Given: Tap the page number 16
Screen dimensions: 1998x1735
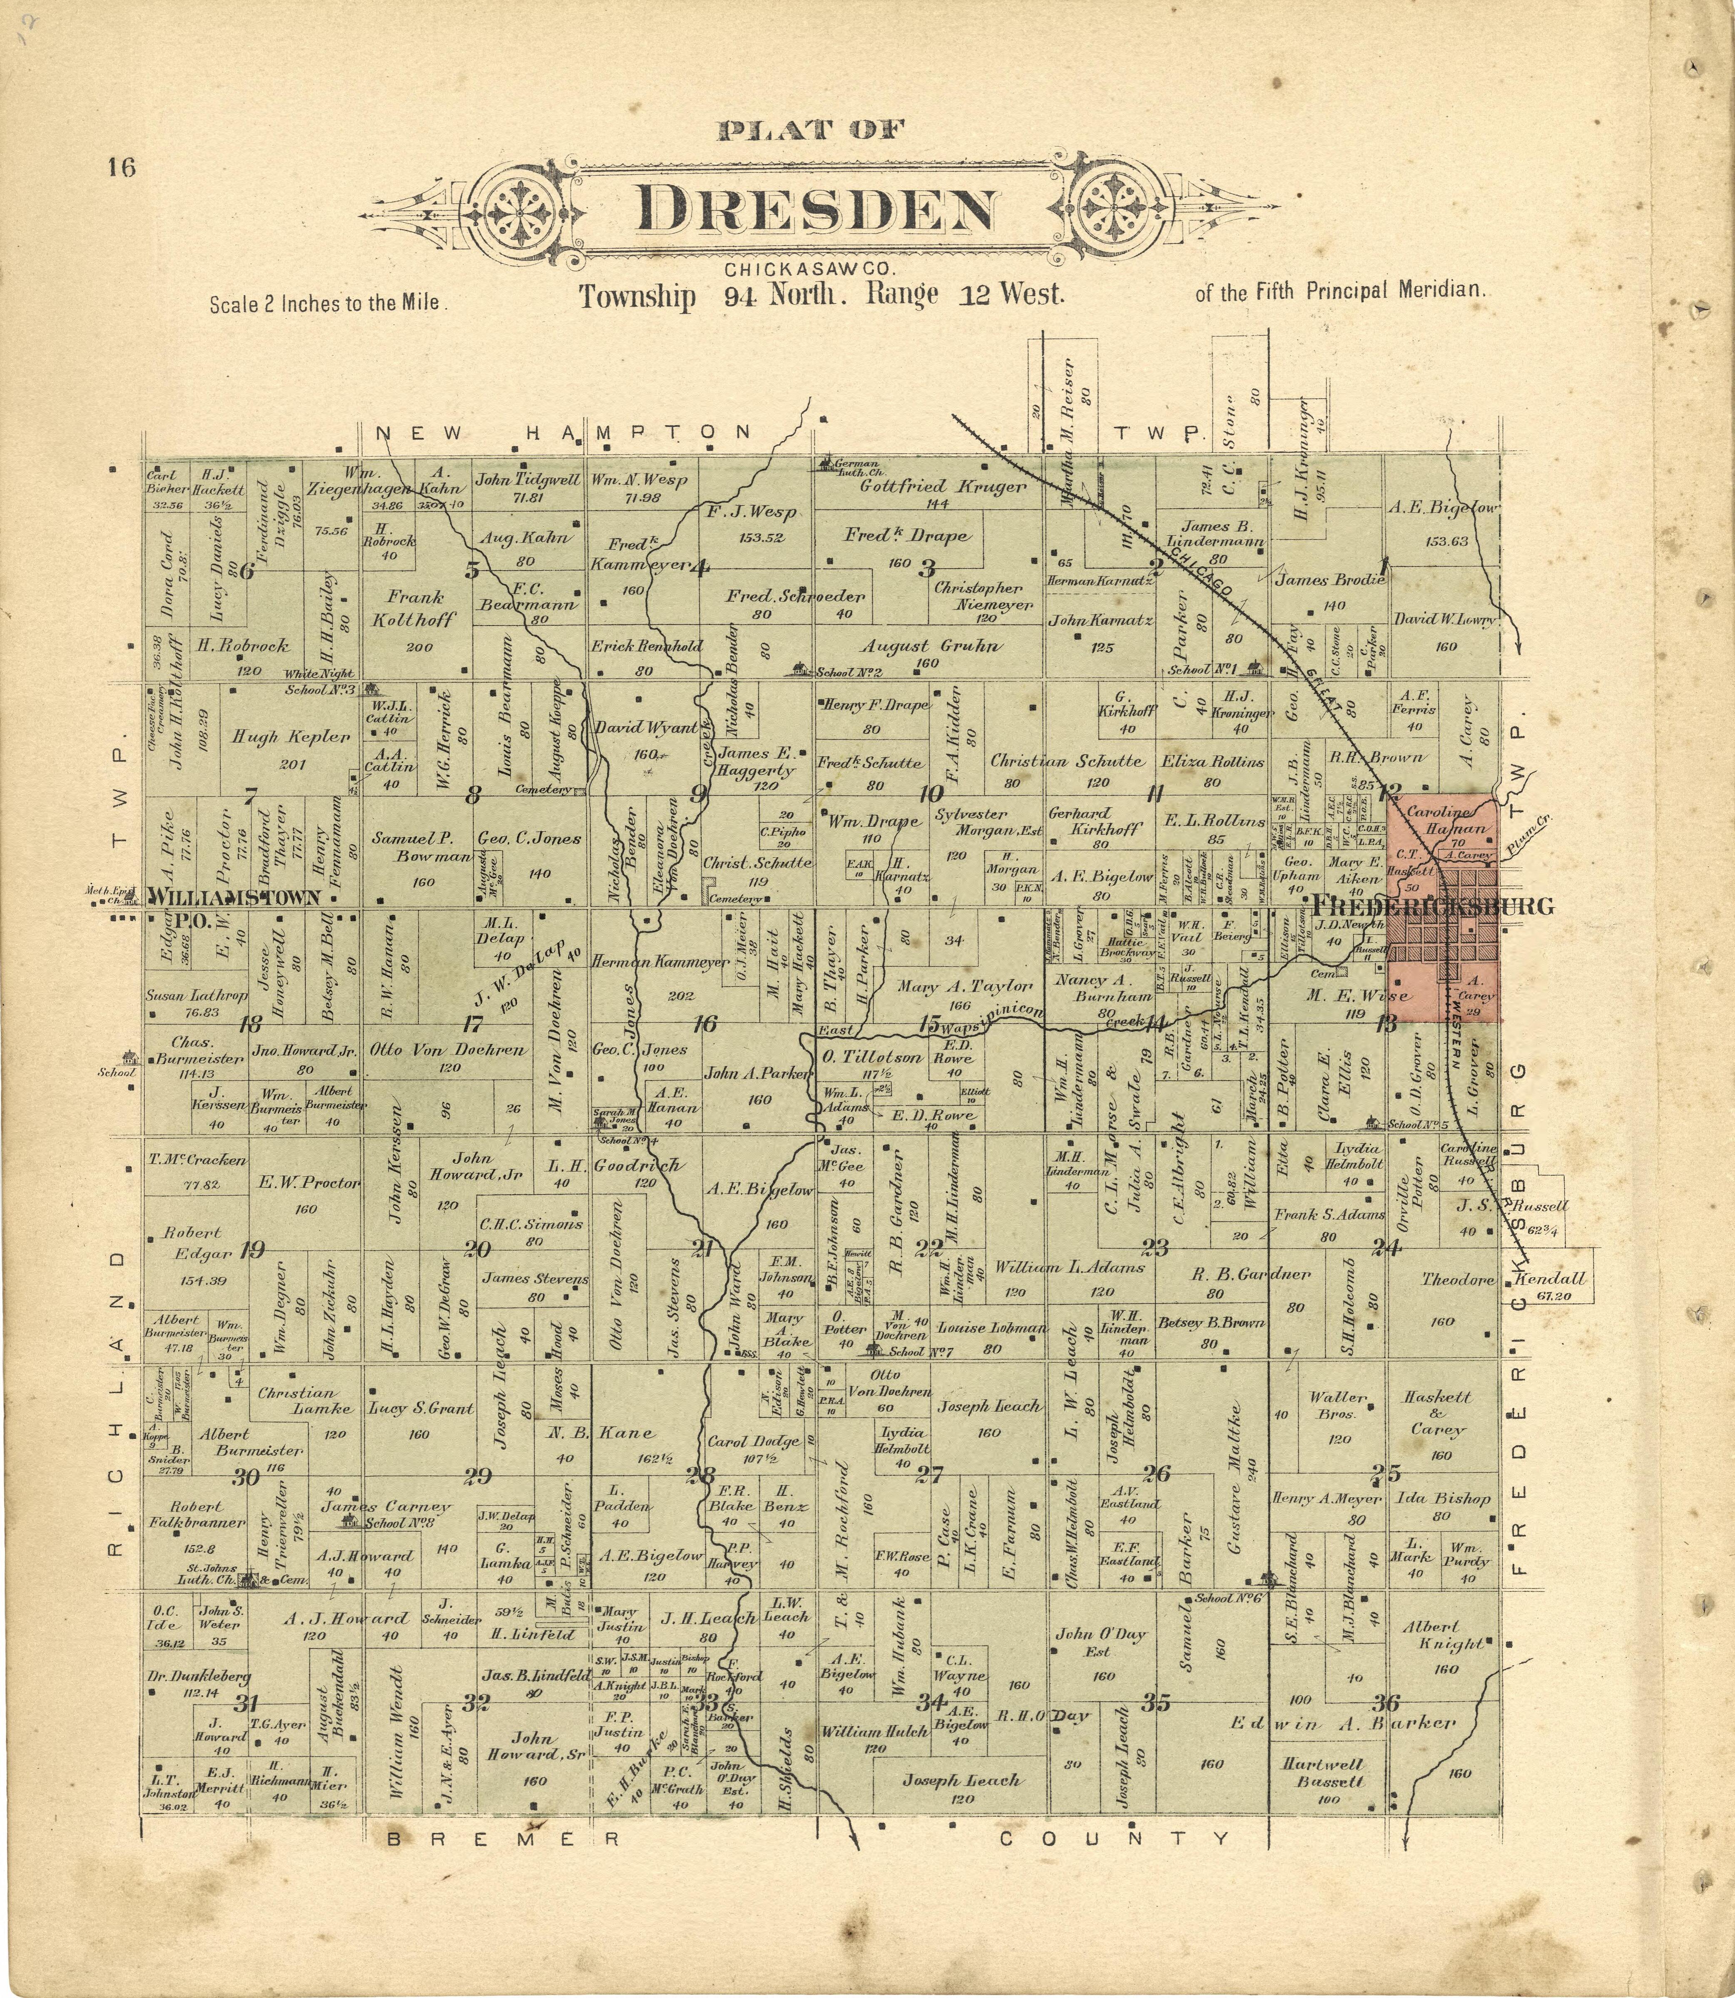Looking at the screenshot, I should pyautogui.click(x=122, y=167).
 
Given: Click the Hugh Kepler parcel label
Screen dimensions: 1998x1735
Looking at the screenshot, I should pyautogui.click(x=291, y=736).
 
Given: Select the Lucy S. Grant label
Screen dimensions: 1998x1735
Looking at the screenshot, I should pyautogui.click(x=419, y=1408).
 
